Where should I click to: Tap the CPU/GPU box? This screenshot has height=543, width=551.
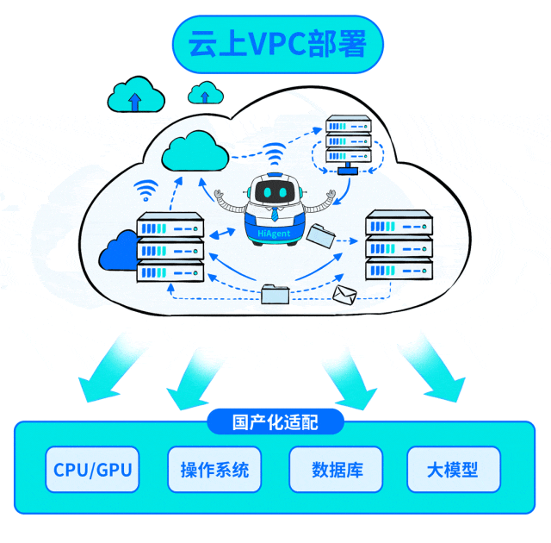pyautogui.click(x=94, y=470)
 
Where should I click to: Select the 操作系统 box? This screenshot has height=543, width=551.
pyautogui.click(x=214, y=470)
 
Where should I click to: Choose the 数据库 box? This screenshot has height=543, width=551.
pyautogui.click(x=337, y=470)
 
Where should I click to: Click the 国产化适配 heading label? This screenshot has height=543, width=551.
pyautogui.click(x=275, y=422)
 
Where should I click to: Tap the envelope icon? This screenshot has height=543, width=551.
pyautogui.click(x=345, y=296)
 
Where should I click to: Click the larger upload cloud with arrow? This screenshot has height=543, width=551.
pyautogui.click(x=134, y=95)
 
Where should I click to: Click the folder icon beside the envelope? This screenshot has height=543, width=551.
pyautogui.click(x=275, y=294)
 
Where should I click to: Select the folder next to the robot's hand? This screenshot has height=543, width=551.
pyautogui.click(x=322, y=234)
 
